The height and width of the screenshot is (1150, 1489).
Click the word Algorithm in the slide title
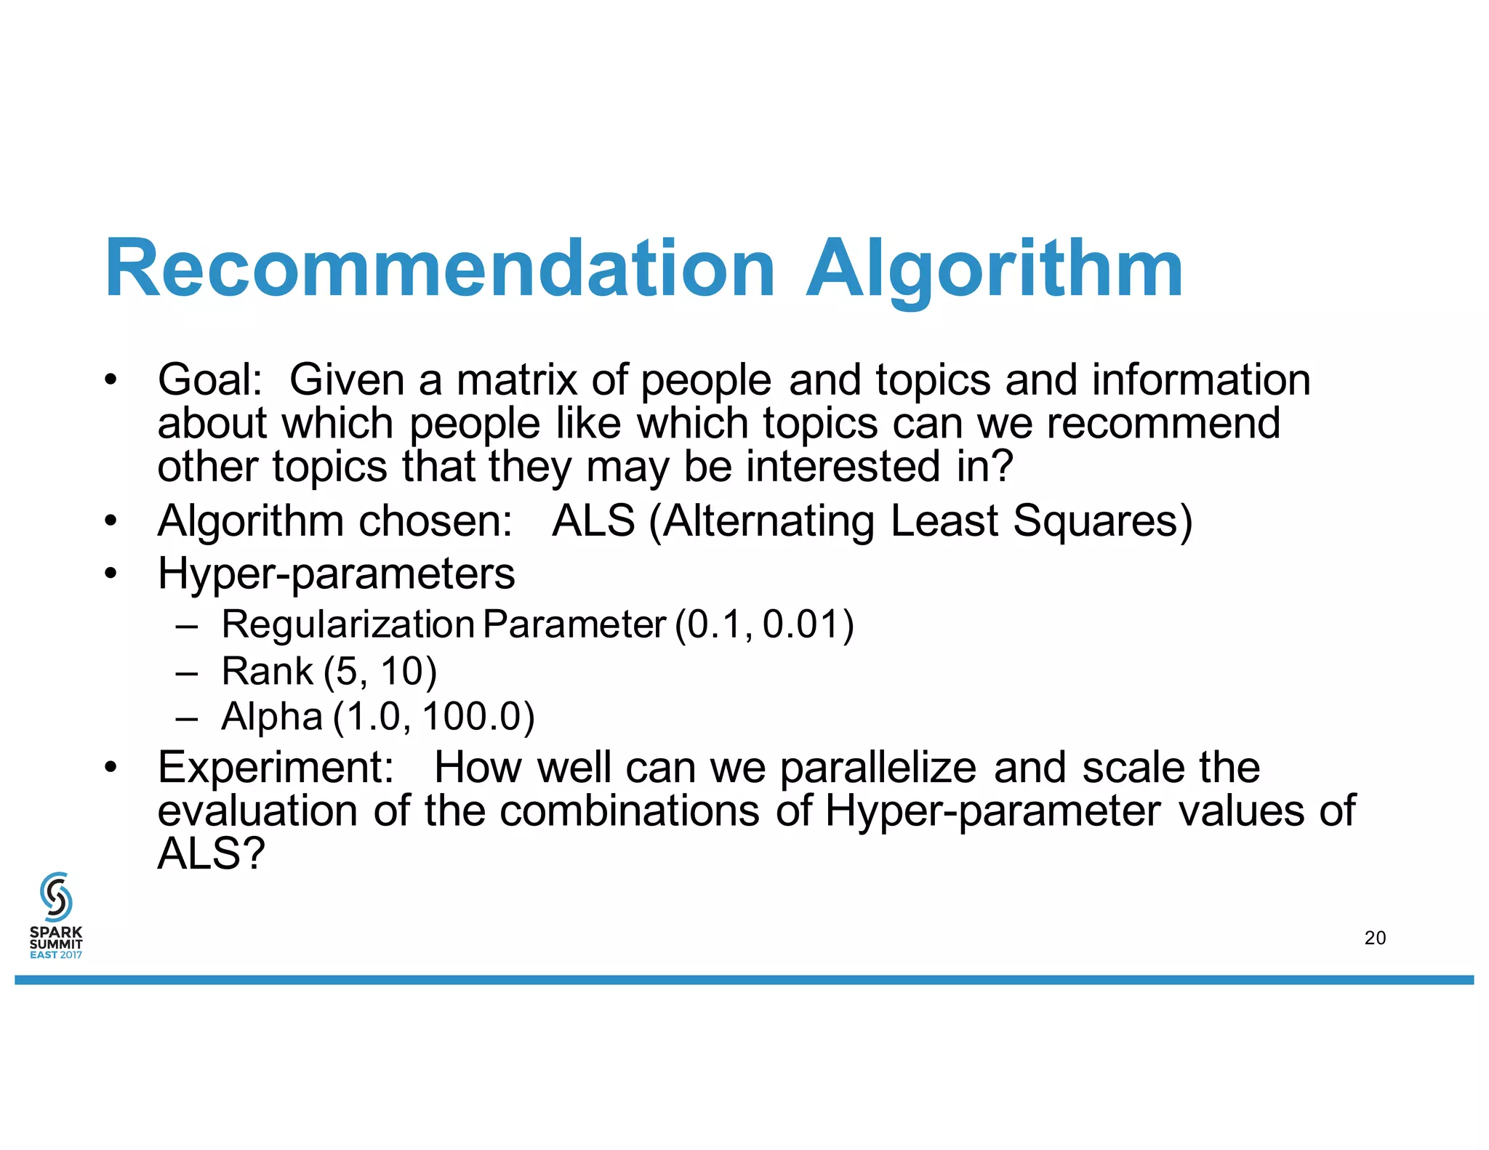pyautogui.click(x=995, y=269)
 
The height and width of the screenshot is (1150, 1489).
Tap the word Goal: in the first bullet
pyautogui.click(x=210, y=379)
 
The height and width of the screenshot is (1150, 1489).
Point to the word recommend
pyautogui.click(x=1163, y=423)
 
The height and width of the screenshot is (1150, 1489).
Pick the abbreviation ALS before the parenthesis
pyautogui.click(x=593, y=520)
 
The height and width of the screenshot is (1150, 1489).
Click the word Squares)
pyautogui.click(x=1102, y=520)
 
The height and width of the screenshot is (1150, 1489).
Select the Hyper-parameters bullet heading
pyautogui.click(x=336, y=574)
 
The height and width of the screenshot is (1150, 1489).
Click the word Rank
pyautogui.click(x=267, y=670)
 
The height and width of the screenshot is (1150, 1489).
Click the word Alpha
pyautogui.click(x=271, y=716)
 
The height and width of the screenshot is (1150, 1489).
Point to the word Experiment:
pyautogui.click(x=276, y=767)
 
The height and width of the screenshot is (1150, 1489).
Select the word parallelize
pyautogui.click(x=878, y=767)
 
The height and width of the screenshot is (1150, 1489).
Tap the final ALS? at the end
pyautogui.click(x=211, y=853)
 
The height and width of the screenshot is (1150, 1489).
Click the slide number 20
pyautogui.click(x=1375, y=938)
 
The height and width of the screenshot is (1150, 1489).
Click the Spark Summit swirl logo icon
pyautogui.click(x=56, y=896)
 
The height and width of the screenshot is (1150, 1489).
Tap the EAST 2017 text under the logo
pyautogui.click(x=56, y=954)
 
